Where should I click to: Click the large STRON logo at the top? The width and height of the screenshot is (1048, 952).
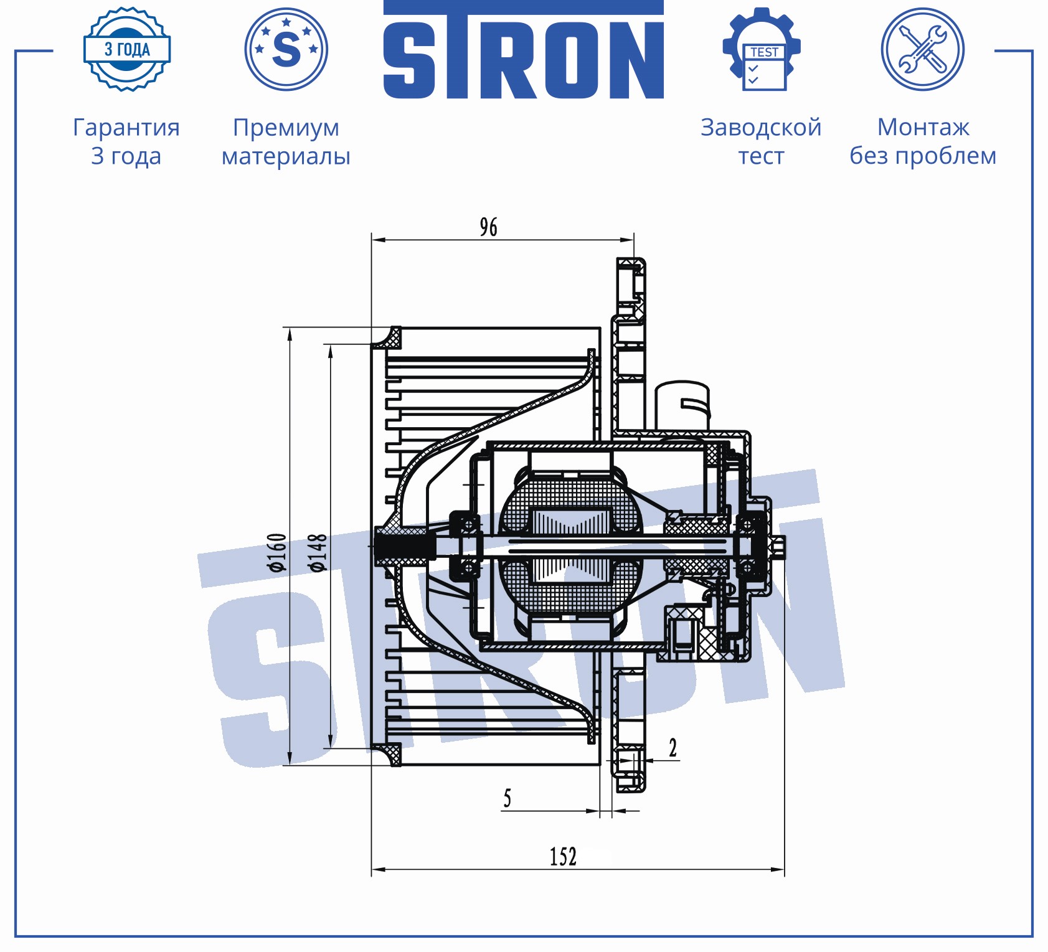click(x=523, y=50)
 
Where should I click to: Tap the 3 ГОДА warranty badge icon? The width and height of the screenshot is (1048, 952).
click(x=127, y=49)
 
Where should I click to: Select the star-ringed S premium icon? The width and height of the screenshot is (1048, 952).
click(x=286, y=49)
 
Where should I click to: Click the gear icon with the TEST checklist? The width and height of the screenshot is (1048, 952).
click(x=762, y=49)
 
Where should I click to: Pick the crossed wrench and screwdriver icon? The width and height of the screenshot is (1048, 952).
click(x=923, y=49)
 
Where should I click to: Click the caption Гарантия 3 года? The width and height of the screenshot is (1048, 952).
click(x=126, y=141)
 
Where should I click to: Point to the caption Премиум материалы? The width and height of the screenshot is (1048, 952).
click(x=286, y=141)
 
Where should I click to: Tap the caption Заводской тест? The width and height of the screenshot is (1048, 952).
click(x=761, y=141)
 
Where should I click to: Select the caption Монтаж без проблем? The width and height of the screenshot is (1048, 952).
click(x=923, y=141)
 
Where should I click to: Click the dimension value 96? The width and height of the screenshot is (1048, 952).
click(x=489, y=227)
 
